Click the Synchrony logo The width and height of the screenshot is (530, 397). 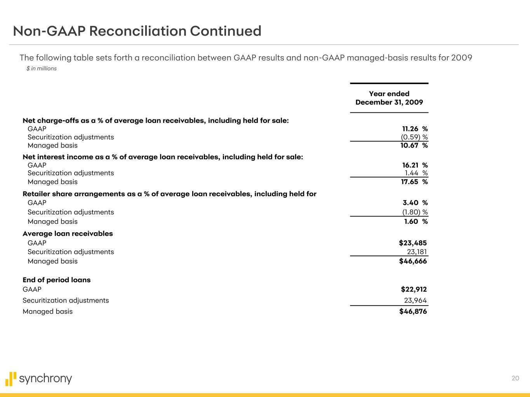[39, 379]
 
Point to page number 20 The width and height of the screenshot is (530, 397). [515, 378]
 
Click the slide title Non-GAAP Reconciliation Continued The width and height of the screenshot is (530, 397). [137, 31]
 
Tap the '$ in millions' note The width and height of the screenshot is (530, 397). [42, 69]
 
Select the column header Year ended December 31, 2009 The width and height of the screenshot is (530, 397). [389, 98]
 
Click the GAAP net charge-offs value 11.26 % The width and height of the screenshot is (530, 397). [415, 129]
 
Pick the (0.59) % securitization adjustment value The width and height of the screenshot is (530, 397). [414, 137]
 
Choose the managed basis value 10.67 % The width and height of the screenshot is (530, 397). [414, 145]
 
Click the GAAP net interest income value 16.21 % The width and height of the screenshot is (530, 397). [415, 165]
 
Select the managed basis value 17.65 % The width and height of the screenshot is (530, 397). [414, 182]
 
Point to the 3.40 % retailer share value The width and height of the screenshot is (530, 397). [415, 203]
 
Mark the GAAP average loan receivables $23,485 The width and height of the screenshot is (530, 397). [413, 243]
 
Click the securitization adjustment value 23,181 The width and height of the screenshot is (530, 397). [417, 252]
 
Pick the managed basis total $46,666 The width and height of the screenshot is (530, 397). [413, 261]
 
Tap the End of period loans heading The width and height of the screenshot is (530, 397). [57, 280]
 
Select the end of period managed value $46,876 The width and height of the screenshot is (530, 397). [413, 311]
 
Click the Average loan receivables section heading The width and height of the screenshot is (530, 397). [68, 234]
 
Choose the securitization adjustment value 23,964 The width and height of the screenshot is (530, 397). [415, 300]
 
